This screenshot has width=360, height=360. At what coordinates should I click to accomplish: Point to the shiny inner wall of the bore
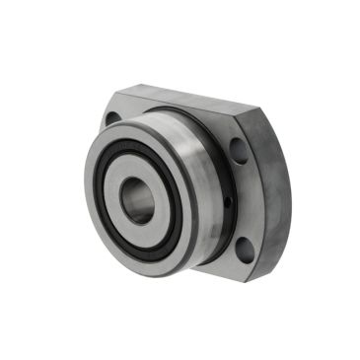131,200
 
